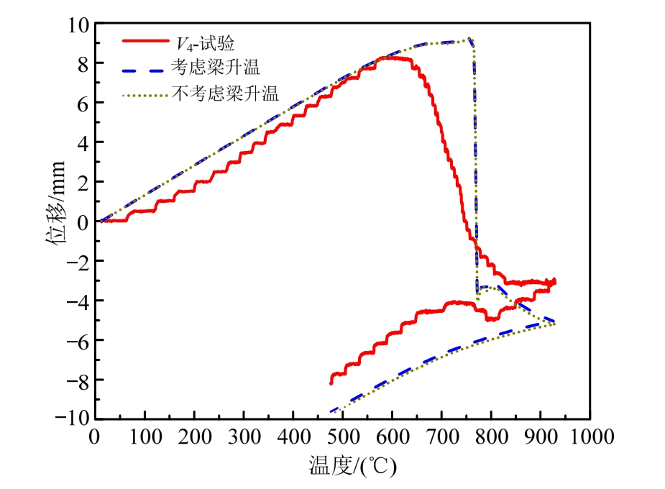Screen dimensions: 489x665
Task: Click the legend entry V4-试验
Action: (x=198, y=41)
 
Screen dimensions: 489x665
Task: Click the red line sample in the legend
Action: (x=145, y=41)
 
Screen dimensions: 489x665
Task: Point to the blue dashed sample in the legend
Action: (x=145, y=68)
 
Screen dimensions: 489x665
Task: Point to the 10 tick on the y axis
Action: (x=78, y=24)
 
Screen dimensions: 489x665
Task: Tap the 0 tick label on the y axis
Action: (x=82, y=221)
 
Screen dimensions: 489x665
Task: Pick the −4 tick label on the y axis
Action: (x=75, y=300)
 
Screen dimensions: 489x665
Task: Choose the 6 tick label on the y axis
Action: (x=82, y=103)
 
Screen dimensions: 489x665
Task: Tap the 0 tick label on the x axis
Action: (x=95, y=437)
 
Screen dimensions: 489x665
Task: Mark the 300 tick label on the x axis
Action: (x=243, y=437)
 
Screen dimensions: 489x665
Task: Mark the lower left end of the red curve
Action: (x=331, y=383)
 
